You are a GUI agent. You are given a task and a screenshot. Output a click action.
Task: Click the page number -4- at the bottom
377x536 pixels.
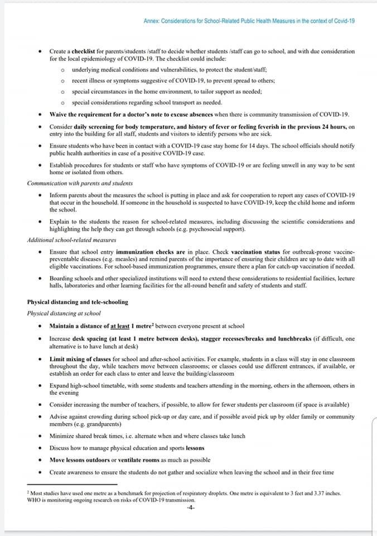click(191, 508)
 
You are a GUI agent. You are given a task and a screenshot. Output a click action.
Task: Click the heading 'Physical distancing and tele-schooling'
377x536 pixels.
click(78, 302)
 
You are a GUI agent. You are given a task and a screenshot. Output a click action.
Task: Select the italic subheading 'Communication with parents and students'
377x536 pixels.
click(81, 183)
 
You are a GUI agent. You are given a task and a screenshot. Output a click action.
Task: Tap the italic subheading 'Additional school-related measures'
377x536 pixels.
click(71, 240)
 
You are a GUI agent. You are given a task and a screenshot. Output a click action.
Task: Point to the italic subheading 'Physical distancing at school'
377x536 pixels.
click(64, 313)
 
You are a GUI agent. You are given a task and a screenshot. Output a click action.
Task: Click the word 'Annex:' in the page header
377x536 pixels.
click(151, 20)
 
